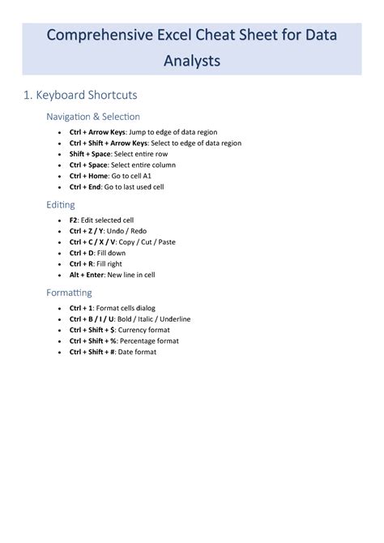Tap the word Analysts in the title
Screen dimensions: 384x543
click(191, 61)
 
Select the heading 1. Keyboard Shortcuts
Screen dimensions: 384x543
click(80, 96)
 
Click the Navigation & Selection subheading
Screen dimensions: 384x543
click(93, 117)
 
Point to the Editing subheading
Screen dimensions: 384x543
click(61, 205)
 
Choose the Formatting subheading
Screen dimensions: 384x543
click(69, 293)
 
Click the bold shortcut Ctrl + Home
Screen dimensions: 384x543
click(88, 175)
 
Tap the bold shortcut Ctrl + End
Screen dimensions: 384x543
click(86, 186)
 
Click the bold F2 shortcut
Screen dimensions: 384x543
click(74, 220)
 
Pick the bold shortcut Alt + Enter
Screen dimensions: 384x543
click(87, 275)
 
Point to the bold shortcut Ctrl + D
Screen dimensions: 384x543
click(83, 253)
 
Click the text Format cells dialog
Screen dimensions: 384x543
click(126, 308)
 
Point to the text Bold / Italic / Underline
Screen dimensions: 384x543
click(154, 319)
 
